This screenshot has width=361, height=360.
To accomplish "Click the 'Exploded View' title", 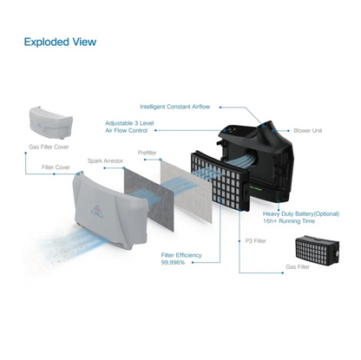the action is pos(60,42).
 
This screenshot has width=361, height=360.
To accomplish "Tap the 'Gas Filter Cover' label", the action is pos(49,147).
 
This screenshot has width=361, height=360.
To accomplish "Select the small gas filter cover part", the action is pos(51,122).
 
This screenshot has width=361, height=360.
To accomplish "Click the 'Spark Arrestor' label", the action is pos(105,160).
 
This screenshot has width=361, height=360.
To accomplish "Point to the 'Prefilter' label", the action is pos(147,153).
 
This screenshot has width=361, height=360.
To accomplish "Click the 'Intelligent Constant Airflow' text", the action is pos(175,107).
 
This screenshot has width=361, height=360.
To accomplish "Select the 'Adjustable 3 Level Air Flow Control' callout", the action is pos(129,127).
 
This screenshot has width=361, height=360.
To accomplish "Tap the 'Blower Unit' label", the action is pos(308,130).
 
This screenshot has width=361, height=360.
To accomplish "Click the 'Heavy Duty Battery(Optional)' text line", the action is pos(301,214).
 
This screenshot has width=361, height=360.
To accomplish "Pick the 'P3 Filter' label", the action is pos(255,241).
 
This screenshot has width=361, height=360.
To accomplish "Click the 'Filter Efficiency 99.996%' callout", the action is pos(181,259).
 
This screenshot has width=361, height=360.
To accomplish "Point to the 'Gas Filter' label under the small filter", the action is pos(298,266).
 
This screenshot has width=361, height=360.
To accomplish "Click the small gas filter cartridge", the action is pos(317,251).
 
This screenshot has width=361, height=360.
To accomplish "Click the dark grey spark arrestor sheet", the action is pos(148,199).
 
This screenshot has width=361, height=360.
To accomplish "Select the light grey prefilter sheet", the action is pos(186,191).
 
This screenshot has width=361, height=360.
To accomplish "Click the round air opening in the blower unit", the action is pos(251,158).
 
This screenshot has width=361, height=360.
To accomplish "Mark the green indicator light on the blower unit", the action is pos(257,189).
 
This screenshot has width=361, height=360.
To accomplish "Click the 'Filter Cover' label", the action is pos(56,167).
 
